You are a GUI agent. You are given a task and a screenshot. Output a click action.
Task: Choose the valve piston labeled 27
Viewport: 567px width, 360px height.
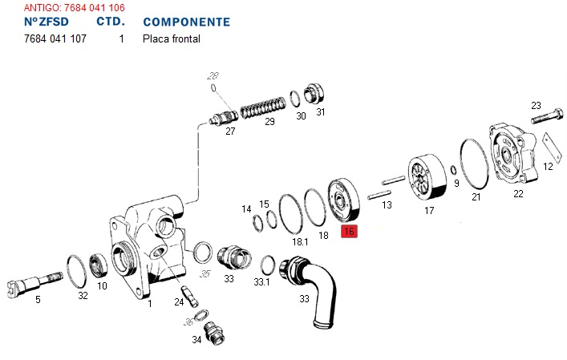(x=221, y=117)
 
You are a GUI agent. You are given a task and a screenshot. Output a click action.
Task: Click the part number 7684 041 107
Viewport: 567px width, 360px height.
(x=55, y=38)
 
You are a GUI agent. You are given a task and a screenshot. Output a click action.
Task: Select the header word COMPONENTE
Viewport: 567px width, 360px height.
(x=186, y=22)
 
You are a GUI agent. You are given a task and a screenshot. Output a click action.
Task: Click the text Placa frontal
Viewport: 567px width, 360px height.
(x=171, y=38)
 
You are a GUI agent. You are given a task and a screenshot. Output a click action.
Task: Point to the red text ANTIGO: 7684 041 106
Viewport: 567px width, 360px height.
(x=74, y=7)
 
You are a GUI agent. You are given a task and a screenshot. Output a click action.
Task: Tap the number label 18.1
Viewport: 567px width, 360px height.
(x=300, y=241)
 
